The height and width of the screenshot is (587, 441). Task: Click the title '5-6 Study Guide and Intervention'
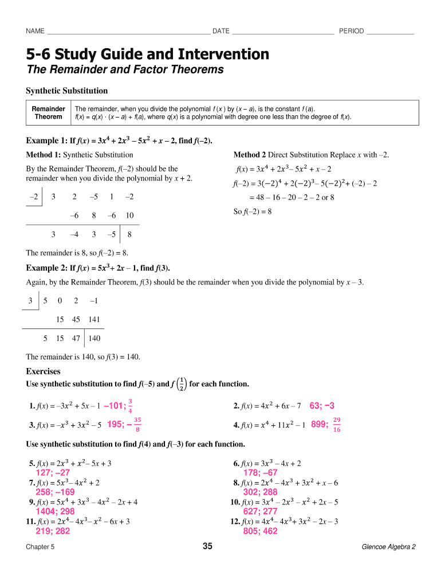148,54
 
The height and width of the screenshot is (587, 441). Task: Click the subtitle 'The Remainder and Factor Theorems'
125,70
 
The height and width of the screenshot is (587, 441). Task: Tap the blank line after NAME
129,31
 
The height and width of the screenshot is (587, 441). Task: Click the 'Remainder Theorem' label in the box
48,113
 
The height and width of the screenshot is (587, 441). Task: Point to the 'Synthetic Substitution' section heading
67,91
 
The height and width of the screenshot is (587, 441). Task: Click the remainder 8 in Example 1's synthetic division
130,234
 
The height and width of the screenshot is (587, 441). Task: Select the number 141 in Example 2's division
94,319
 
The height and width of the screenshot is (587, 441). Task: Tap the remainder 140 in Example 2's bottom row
94,338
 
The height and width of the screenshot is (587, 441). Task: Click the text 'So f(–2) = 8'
253,212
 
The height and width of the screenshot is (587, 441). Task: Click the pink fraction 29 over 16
337,425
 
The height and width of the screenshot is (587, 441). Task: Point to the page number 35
207,546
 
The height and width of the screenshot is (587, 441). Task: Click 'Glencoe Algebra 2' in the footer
388,547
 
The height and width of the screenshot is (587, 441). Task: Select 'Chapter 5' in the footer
40,547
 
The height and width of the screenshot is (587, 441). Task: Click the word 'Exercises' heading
44,371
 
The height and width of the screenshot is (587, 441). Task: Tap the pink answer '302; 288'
260,492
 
